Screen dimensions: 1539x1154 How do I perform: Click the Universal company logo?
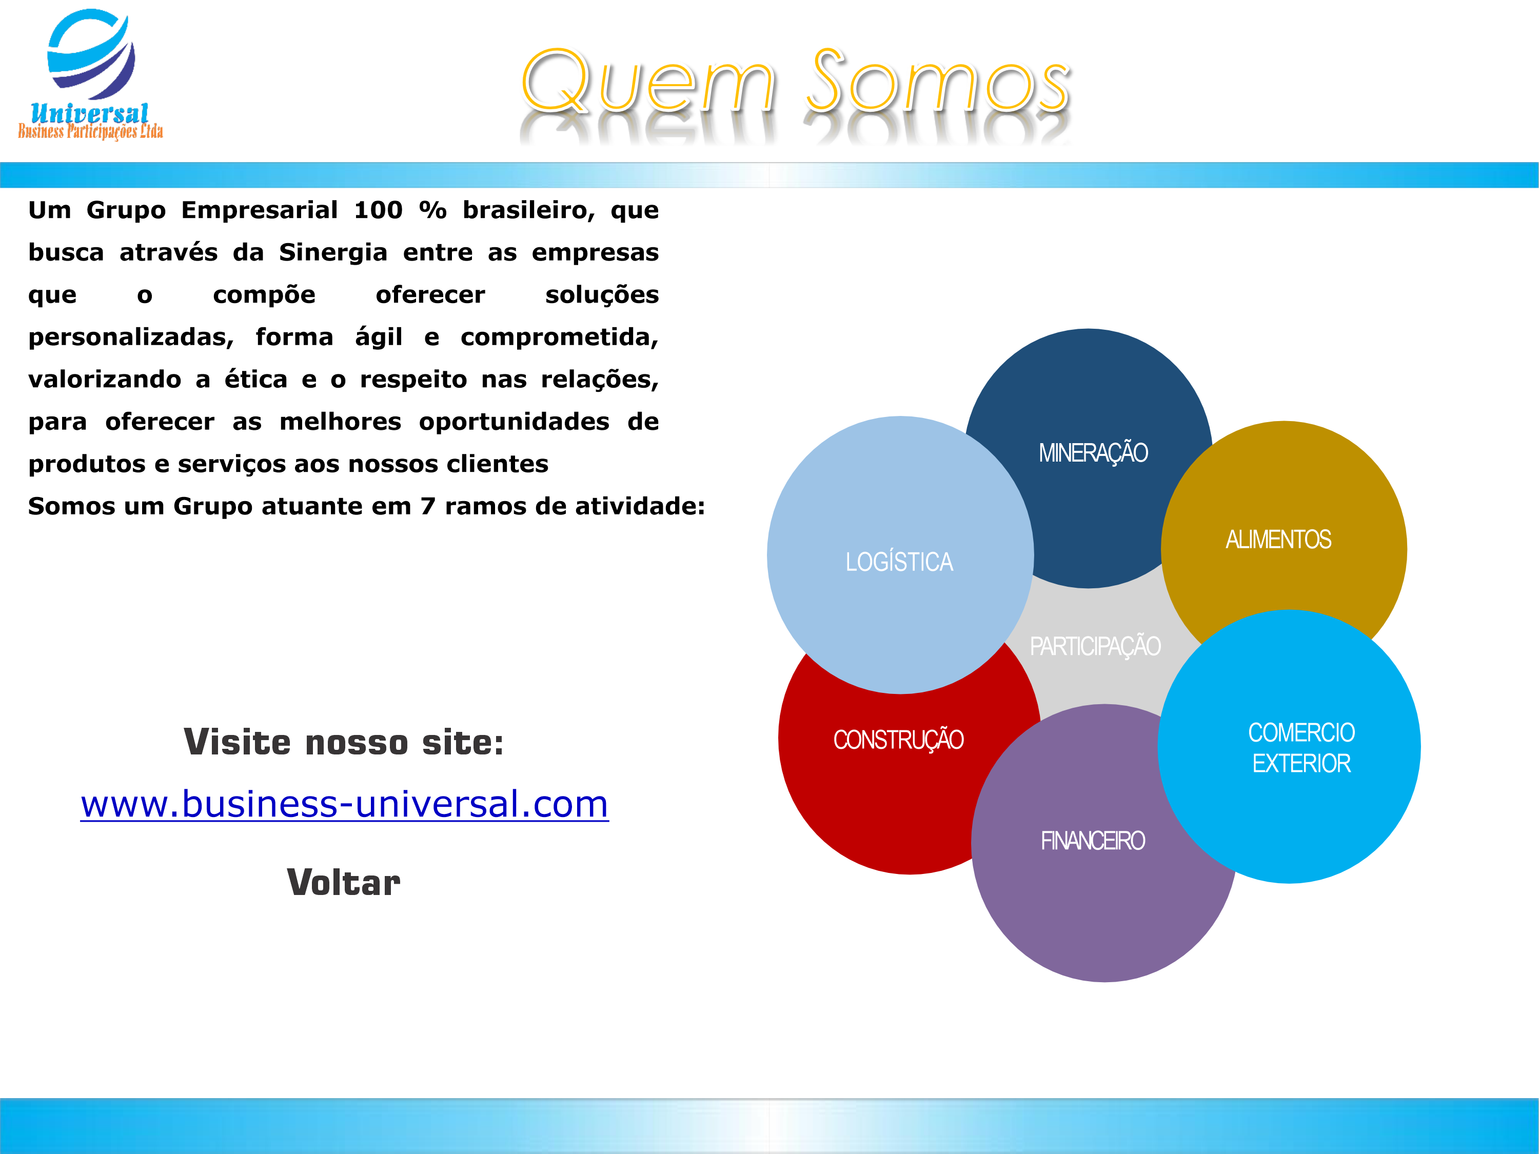[x=90, y=74]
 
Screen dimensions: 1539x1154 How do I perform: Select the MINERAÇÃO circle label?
[x=1093, y=453]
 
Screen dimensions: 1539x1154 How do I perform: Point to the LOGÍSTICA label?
[x=899, y=561]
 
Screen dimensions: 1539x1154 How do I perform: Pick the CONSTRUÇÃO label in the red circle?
[x=898, y=740]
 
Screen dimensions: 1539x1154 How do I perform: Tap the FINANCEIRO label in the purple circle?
[x=1092, y=841]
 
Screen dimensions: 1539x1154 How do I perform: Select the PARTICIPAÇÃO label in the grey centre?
[x=1095, y=646]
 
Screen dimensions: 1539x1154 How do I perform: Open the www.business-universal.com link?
[x=344, y=804]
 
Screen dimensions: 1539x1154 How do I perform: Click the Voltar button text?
[x=344, y=883]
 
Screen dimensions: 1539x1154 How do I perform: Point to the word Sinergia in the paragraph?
[x=333, y=252]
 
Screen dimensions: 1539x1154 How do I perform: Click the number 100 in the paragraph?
[x=379, y=210]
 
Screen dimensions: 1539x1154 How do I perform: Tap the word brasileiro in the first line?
[x=529, y=210]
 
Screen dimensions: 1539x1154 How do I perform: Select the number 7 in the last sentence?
[x=428, y=506]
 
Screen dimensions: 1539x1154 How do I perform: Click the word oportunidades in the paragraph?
[x=514, y=422]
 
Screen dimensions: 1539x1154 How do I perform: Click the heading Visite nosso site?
[x=344, y=742]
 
